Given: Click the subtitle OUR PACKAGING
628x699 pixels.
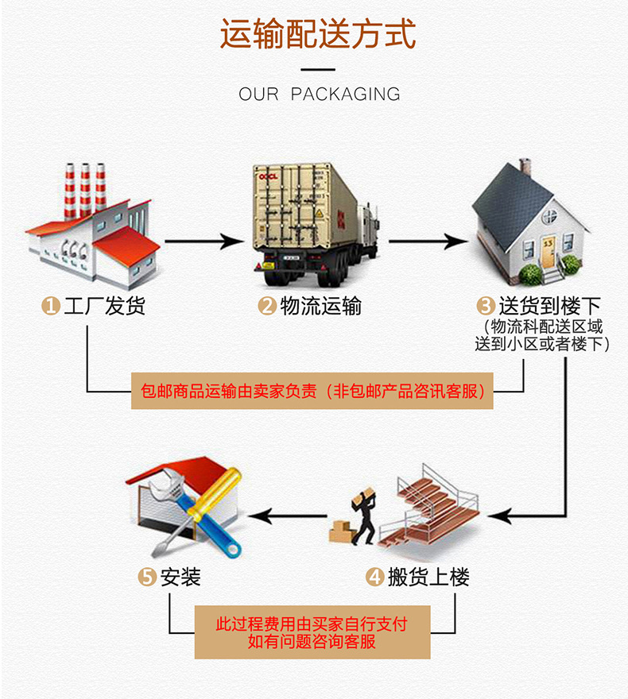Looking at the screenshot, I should coord(320,95).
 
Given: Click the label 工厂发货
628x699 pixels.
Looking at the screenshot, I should coord(105,306).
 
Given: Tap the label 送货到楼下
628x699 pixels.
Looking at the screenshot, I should coord(549,306).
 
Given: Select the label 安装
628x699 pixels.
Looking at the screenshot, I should coord(180,577).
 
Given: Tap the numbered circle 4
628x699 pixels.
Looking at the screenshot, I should coord(374,577).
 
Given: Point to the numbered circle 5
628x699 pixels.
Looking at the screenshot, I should coord(146,577).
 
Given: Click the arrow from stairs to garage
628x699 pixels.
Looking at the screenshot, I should coord(294,518).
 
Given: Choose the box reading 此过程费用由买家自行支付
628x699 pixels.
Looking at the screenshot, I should coord(312,632).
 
